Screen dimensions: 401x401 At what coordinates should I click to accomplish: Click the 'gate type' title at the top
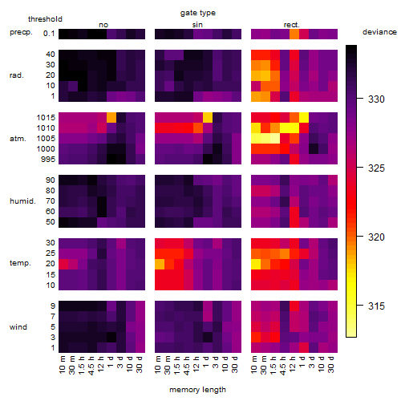tap(198, 13)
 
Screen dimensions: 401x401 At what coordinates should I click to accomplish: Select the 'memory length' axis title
tap(197, 390)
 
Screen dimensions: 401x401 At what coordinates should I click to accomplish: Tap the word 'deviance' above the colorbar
tap(379, 32)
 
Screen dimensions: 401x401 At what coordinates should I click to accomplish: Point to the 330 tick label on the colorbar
tap(376, 99)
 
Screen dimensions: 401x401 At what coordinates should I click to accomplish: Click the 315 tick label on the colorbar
tap(376, 306)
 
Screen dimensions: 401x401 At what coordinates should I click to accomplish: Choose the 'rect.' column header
tap(291, 25)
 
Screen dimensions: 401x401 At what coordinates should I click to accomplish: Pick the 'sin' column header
tap(197, 25)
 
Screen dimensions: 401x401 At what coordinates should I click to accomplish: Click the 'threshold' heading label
tap(45, 19)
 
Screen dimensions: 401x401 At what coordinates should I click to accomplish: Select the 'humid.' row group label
tap(22, 201)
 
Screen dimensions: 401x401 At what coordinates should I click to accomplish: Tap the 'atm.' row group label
tap(18, 139)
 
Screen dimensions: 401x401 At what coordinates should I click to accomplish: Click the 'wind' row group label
tap(18, 327)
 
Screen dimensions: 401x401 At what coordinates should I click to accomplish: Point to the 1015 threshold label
tap(46, 118)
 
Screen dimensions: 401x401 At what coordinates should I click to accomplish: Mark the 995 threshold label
tap(48, 160)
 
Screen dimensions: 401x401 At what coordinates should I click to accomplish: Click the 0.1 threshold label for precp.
tap(49, 34)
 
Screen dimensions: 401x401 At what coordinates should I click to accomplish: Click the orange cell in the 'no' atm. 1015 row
tap(111, 118)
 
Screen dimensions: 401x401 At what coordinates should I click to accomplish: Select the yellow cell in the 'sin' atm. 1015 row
tap(208, 118)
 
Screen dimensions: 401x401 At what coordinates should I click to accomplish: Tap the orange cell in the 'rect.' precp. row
tap(294, 34)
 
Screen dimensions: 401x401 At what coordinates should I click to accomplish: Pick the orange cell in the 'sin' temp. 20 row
tap(160, 264)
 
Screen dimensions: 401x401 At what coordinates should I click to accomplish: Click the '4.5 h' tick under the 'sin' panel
tap(187, 365)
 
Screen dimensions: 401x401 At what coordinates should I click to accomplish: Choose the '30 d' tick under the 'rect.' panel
tap(331, 364)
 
